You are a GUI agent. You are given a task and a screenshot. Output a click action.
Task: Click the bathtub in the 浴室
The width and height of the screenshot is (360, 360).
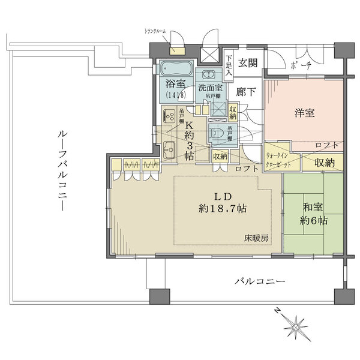click(x=175, y=68)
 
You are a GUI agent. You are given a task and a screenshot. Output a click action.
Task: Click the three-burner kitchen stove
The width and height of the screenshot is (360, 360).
click(x=169, y=116)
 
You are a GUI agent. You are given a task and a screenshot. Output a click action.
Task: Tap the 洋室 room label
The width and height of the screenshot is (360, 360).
click(x=304, y=112)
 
